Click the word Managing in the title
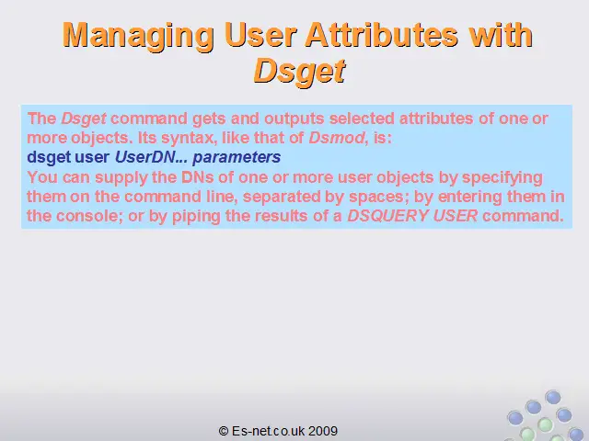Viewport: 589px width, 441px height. (x=138, y=36)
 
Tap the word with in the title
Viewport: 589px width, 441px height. (x=501, y=35)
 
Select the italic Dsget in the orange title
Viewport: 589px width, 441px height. (x=299, y=72)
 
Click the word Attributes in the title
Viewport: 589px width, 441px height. (x=381, y=35)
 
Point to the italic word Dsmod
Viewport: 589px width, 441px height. (x=337, y=138)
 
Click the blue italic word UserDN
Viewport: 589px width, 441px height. (x=145, y=157)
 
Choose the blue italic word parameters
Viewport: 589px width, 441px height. (x=237, y=158)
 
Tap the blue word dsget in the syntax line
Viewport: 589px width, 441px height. (x=49, y=158)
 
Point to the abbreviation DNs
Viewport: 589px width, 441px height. (x=197, y=177)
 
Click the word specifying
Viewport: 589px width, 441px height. (x=502, y=178)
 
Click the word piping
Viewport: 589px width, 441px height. (x=196, y=217)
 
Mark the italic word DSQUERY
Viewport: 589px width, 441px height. (x=387, y=216)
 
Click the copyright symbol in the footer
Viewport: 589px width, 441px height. (x=224, y=431)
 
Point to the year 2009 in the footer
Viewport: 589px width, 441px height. (x=323, y=431)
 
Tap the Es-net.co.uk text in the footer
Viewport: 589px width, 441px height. (x=268, y=431)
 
